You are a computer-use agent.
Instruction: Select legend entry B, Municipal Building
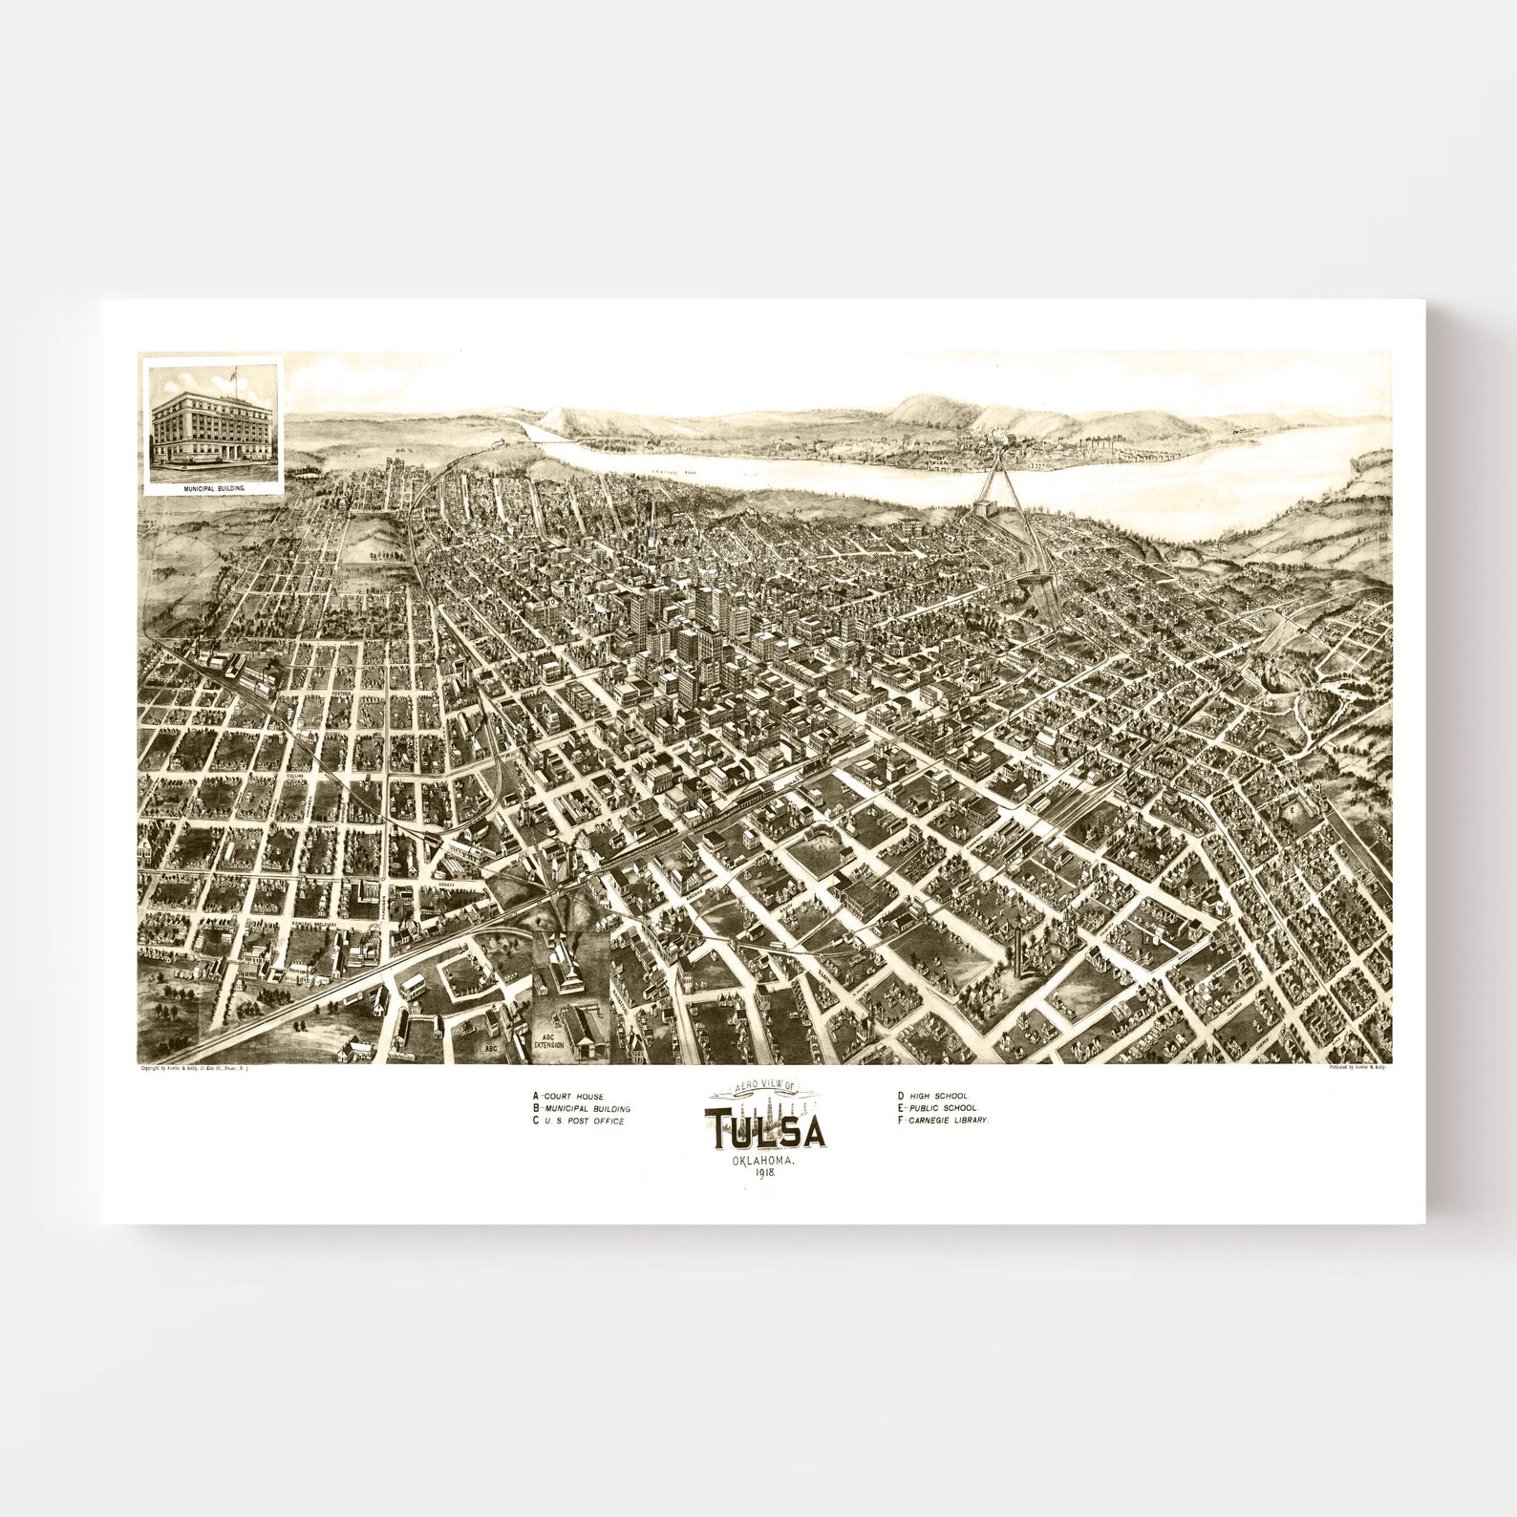(582, 1108)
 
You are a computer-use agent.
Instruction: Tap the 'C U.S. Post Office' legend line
(578, 1121)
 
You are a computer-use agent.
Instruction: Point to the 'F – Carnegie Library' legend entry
(942, 1120)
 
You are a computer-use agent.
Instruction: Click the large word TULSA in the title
(765, 1132)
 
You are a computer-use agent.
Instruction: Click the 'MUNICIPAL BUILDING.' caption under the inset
(212, 487)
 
